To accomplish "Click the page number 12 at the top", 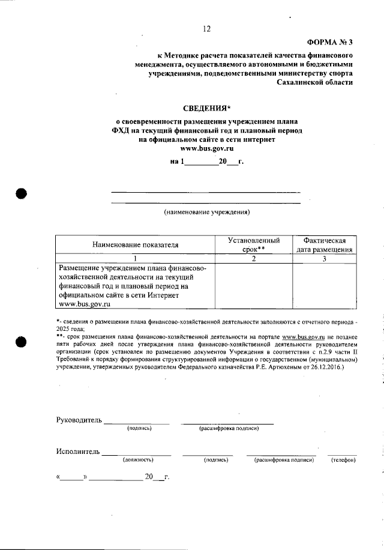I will pyautogui.click(x=207, y=28).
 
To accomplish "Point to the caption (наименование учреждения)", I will pyautogui.click(x=206, y=212).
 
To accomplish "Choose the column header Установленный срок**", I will pyautogui.click(x=254, y=244).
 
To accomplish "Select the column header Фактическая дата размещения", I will pyautogui.click(x=324, y=244).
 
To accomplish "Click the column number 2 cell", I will pyautogui.click(x=254, y=258).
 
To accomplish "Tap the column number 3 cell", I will pyautogui.click(x=324, y=258).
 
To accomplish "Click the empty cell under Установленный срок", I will pyautogui.click(x=254, y=286).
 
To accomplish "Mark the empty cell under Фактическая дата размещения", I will pyautogui.click(x=324, y=286).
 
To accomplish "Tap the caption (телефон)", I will pyautogui.click(x=343, y=460).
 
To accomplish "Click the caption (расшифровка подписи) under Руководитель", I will pyautogui.click(x=228, y=428).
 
